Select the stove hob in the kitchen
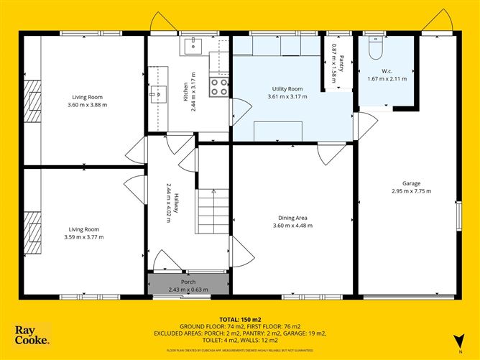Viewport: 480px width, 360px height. (219, 87)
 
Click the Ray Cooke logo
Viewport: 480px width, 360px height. (32, 336)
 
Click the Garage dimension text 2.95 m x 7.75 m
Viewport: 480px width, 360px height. (411, 191)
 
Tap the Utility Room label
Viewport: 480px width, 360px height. (285, 88)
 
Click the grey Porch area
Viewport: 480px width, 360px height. (188, 285)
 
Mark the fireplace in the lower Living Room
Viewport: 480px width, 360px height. (30, 234)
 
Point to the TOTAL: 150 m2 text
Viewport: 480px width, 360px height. (239, 318)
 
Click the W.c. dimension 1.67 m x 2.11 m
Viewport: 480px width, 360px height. (387, 79)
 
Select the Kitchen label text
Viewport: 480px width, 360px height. (185, 91)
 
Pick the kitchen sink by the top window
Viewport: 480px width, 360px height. (193, 47)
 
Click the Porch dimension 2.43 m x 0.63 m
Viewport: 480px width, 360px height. (188, 290)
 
